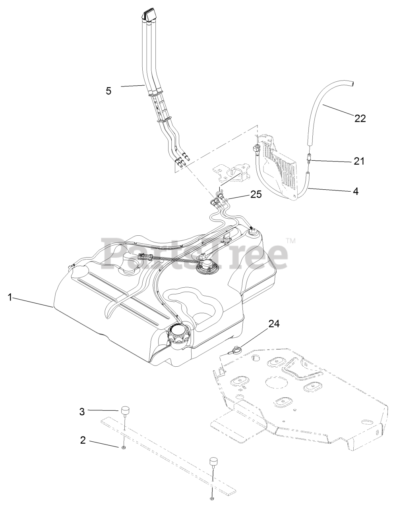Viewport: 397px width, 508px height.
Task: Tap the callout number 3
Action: click(x=82, y=412)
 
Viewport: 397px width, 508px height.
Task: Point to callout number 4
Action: click(x=355, y=191)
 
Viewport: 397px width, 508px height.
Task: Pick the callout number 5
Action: click(x=108, y=90)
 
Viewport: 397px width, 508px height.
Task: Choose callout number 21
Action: click(x=359, y=161)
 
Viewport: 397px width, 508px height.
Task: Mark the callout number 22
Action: click(x=360, y=118)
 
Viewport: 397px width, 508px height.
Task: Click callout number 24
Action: click(x=273, y=324)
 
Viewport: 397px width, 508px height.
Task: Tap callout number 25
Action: click(x=256, y=194)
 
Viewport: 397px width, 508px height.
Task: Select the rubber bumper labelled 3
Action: click(x=126, y=410)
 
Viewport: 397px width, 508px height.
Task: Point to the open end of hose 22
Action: click(x=352, y=84)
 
